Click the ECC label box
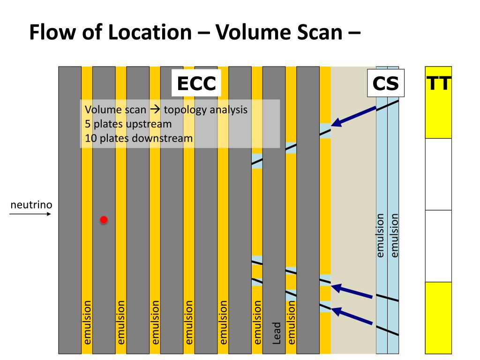click(x=196, y=84)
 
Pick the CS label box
click(x=385, y=84)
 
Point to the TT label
click(x=439, y=84)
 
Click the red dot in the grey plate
click(x=104, y=219)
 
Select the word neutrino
click(x=31, y=204)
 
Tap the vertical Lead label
click(x=277, y=332)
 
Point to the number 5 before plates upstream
click(x=88, y=124)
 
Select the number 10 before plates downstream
click(x=90, y=138)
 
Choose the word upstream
click(x=149, y=124)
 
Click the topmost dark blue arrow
click(x=354, y=116)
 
